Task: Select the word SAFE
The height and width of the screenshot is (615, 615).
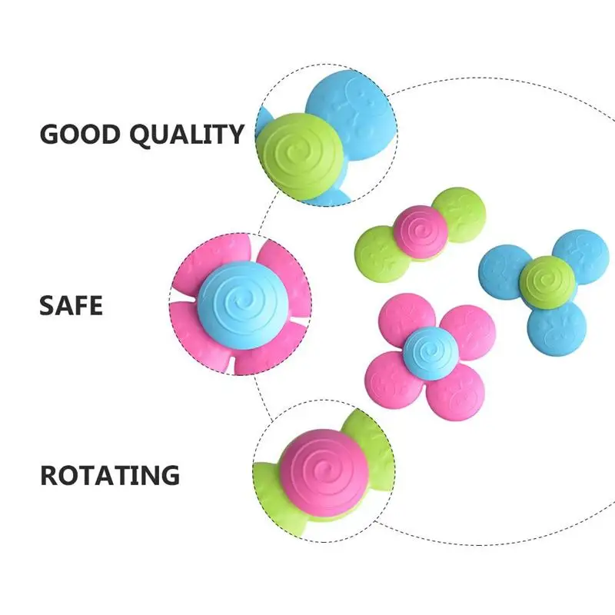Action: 71,305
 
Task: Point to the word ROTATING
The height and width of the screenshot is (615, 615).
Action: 109,474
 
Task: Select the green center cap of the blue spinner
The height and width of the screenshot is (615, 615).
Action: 548,281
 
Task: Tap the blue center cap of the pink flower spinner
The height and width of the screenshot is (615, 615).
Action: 430,353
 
